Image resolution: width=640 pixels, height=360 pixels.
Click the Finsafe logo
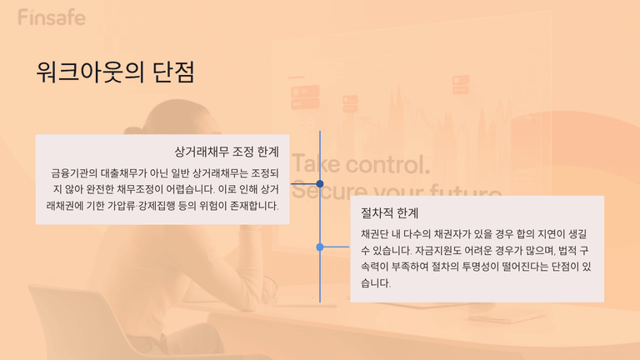pos(52,17)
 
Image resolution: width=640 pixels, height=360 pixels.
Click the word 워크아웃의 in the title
pos(90,72)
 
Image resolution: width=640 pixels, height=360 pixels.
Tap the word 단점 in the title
pos(173,72)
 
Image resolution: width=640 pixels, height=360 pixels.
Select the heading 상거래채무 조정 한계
pos(227,152)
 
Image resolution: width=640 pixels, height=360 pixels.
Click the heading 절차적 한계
pos(390,212)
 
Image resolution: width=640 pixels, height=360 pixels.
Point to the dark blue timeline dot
pos(320,183)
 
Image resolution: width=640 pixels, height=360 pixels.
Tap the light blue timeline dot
pos(320,247)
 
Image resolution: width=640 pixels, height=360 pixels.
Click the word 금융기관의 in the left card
pos(74,173)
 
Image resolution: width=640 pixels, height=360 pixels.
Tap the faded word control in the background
pos(387,164)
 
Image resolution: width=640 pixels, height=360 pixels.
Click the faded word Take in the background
pos(317,164)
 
